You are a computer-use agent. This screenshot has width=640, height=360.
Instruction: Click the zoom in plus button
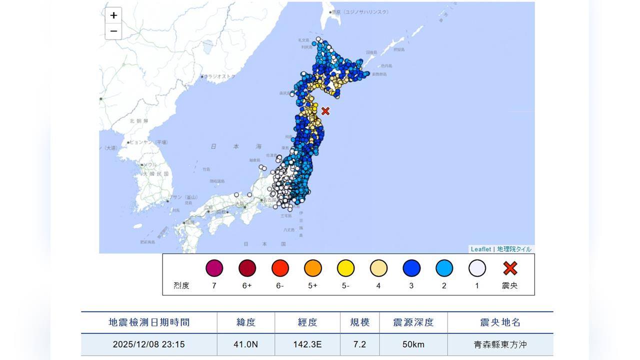(113, 15)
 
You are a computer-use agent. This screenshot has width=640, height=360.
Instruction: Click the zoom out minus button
(113, 31)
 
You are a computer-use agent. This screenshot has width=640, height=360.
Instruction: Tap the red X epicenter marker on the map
(325, 111)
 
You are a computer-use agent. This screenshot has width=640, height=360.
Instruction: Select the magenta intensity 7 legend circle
(214, 268)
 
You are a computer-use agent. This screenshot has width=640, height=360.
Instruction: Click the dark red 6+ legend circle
(247, 268)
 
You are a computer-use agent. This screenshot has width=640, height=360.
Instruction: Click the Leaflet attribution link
(480, 249)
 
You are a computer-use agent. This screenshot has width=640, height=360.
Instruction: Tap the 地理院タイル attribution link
(514, 249)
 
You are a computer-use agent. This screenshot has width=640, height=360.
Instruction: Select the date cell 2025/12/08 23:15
(149, 344)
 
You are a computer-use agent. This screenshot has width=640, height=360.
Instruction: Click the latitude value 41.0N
(246, 344)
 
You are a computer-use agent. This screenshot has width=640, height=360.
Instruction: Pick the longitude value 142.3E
(307, 344)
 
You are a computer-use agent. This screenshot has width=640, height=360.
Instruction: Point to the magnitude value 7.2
(360, 344)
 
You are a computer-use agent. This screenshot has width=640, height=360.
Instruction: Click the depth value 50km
(413, 344)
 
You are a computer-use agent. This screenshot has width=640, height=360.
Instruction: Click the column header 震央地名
(500, 322)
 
